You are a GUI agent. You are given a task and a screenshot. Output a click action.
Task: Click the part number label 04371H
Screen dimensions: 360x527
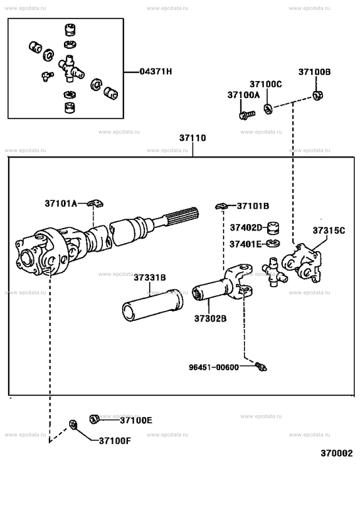(156, 72)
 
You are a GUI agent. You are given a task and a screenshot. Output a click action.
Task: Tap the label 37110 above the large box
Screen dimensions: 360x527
(193, 138)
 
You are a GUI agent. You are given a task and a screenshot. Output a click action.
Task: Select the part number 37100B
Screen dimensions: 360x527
(315, 72)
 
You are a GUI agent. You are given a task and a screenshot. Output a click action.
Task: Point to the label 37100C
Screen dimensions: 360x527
(266, 84)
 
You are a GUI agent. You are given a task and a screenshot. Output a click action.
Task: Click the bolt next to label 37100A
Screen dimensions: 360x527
(247, 115)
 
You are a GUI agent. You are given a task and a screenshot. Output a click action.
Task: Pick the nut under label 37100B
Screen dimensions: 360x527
(317, 96)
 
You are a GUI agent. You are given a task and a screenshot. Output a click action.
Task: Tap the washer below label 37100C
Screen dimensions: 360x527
(268, 109)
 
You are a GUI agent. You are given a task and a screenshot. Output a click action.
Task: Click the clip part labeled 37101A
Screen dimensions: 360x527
(96, 204)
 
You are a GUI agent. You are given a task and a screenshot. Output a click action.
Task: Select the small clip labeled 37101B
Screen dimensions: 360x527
(222, 206)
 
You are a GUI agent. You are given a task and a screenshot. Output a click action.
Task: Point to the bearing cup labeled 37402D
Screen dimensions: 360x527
(274, 228)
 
